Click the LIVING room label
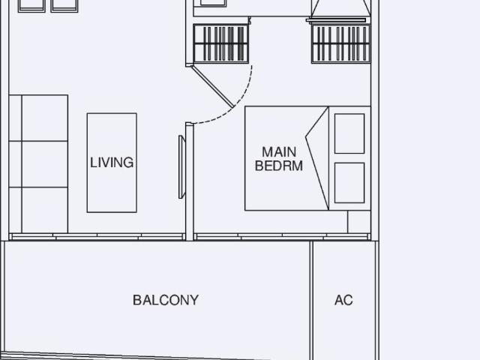pyautogui.click(x=112, y=162)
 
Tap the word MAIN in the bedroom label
pyautogui.click(x=279, y=152)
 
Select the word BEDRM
pyautogui.click(x=279, y=166)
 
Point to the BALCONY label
pyautogui.click(x=166, y=300)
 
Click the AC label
pyautogui.click(x=343, y=300)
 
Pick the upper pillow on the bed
pyautogui.click(x=349, y=133)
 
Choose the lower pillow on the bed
pyautogui.click(x=349, y=182)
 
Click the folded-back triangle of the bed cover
pyautogui.click(x=319, y=157)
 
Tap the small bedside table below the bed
pyautogui.click(x=358, y=222)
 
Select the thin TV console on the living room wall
pyautogui.click(x=181, y=166)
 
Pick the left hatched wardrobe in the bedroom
pyautogui.click(x=220, y=44)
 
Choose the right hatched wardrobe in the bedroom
pyautogui.click(x=340, y=44)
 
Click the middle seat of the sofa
pyautogui.click(x=44, y=164)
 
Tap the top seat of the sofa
pyautogui.click(x=44, y=118)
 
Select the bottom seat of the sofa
pyautogui.click(x=44, y=209)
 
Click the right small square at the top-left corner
pyautogui.click(x=64, y=5)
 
